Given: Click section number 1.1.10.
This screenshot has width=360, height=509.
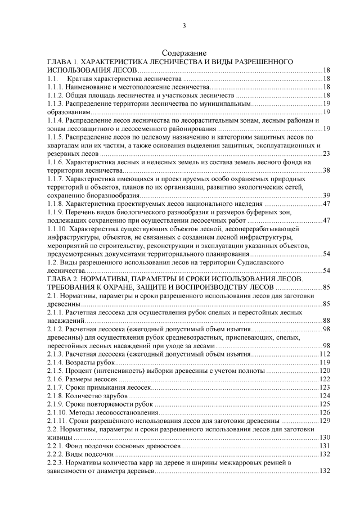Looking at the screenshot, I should (57, 229).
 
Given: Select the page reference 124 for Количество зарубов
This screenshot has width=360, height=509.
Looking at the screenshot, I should (324, 396).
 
